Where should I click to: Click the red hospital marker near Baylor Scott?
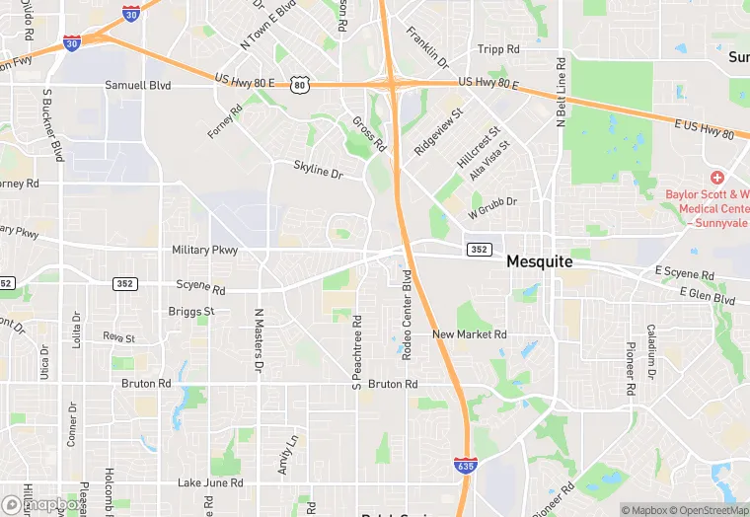pos(716,178)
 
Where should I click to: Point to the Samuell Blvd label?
pos(138,86)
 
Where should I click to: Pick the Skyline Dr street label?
pos(317,169)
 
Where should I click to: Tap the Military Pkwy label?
pos(204,251)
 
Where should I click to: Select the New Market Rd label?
pos(470,335)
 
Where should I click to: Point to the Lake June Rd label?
pos(210,482)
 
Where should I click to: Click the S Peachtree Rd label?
pos(357,349)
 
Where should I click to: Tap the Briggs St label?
pos(191,311)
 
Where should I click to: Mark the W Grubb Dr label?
pos(492,211)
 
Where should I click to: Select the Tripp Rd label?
pos(498,49)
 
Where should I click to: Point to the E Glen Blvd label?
pos(708,297)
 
